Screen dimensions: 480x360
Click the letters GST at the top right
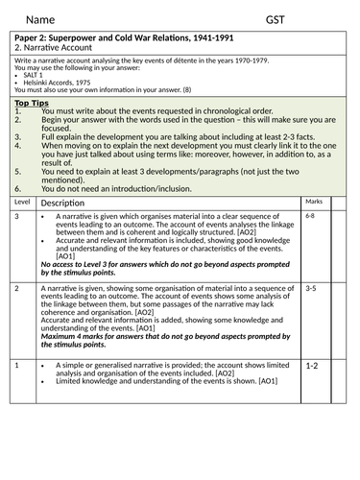pos(278,18)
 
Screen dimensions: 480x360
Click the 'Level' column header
pos(23,203)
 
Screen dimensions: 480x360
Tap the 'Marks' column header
pos(314,203)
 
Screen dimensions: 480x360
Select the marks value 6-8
pos(310,217)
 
